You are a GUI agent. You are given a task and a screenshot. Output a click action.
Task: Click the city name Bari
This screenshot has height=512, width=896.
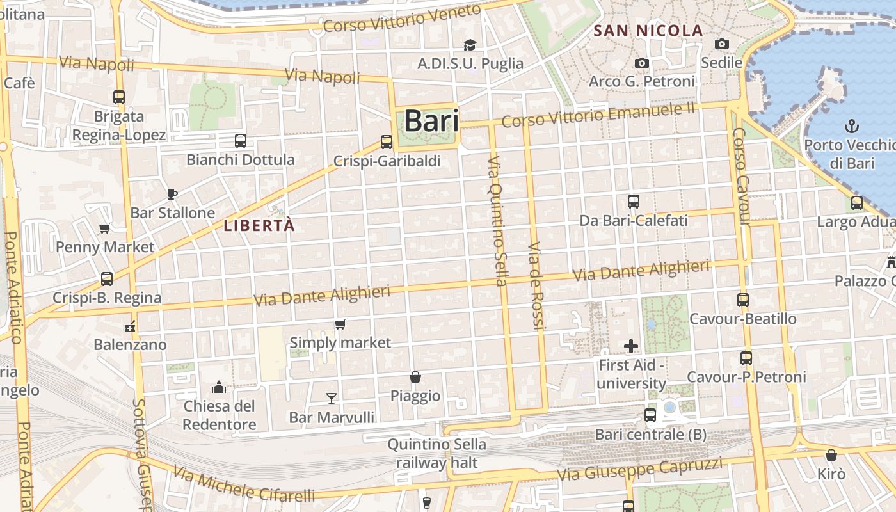pos(431,121)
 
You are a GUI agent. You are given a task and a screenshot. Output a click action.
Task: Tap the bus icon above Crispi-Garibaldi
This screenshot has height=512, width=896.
pos(387,142)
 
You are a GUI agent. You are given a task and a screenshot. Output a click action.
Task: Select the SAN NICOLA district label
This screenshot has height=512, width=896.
pos(648,30)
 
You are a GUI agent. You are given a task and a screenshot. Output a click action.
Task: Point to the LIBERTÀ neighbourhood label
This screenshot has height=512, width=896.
pos(259,225)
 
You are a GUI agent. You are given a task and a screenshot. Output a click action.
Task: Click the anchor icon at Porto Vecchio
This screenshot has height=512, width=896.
pos(852,126)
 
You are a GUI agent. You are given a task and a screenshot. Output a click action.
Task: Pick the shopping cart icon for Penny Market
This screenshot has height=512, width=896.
pos(105,228)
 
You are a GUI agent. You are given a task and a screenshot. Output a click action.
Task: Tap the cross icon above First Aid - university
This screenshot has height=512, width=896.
pos(631,346)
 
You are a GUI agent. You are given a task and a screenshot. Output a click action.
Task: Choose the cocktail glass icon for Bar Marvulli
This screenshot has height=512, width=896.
pos(331,399)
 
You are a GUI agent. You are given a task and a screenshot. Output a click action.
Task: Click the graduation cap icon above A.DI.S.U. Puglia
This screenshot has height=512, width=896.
pos(470,45)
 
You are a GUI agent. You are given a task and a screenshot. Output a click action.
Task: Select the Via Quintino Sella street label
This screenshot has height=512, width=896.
pos(497,220)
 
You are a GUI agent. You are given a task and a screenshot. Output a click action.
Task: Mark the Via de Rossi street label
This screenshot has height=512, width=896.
pos(536,286)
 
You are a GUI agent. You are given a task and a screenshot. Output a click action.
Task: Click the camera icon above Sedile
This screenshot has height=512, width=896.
pos(722,44)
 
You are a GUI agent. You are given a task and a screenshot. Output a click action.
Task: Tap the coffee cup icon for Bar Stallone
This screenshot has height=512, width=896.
pos(172,194)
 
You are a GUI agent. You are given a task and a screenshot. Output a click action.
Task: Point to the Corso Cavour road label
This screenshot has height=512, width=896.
pos(741,177)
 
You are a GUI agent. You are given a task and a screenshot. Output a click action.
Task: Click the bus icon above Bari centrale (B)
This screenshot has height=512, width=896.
pos(650,415)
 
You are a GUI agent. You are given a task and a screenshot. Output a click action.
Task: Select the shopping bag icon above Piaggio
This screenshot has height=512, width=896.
pos(415,377)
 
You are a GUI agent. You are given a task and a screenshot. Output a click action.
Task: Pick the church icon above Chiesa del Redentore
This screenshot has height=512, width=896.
pos(219,387)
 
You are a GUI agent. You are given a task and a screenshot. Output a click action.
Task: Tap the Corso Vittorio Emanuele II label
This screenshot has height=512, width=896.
pos(598,115)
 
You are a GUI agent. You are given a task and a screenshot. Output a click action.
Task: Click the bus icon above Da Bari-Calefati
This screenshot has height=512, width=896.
pos(634,202)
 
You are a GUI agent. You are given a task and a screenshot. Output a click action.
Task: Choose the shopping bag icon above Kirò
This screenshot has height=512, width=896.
pos(831,455)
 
